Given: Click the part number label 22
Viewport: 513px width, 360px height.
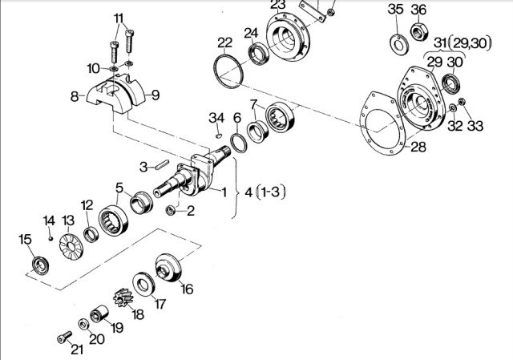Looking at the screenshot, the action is [x=224, y=42].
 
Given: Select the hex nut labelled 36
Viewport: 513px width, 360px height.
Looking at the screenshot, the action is [x=419, y=32].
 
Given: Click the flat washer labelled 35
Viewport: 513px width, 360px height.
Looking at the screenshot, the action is [x=398, y=44].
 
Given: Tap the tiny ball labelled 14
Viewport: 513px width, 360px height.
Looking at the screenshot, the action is [x=50, y=238].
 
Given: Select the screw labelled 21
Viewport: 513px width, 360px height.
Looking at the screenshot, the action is [x=64, y=337].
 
